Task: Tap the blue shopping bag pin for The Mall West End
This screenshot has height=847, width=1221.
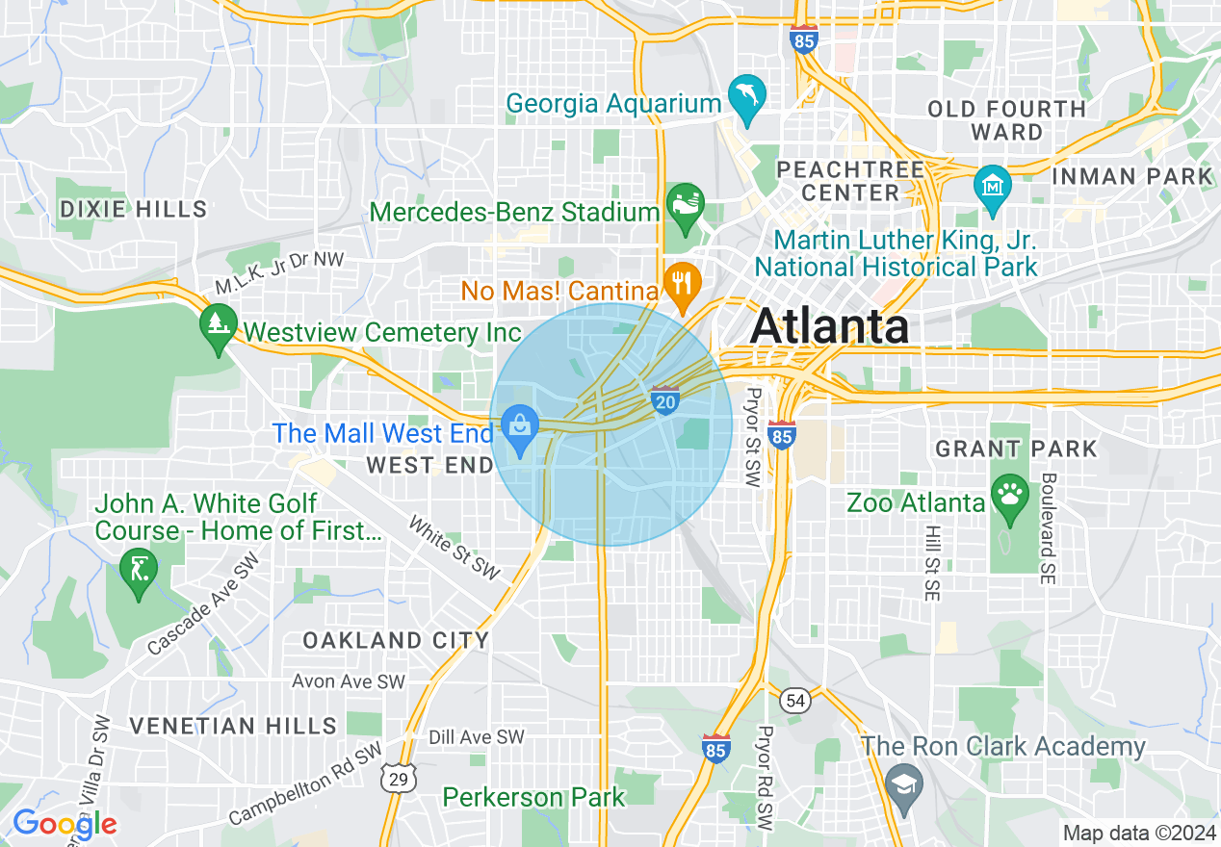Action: pos(521,427)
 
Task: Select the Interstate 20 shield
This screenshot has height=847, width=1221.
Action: pos(665,400)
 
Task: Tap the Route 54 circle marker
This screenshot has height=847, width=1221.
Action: pos(795,701)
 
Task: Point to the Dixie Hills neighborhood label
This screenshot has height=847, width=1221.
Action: pos(133,209)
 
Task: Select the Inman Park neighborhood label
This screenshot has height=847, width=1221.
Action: pos(1132,176)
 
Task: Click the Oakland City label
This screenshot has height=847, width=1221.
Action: pos(396,640)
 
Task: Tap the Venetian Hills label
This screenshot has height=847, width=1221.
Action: pos(233,726)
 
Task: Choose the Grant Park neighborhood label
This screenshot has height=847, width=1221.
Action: pos(1016,449)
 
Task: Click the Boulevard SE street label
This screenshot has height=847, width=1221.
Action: pos(1048,527)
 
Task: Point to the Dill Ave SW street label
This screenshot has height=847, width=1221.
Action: pos(477,737)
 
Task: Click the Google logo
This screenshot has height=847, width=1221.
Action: pos(64,824)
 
